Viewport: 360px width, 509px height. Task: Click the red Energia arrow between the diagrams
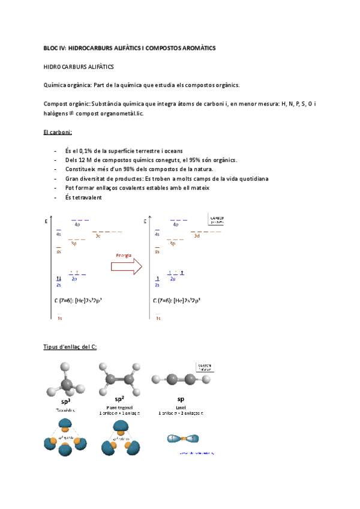point(125,265)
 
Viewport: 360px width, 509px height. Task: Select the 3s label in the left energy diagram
point(59,252)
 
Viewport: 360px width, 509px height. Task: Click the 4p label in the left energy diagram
point(77,225)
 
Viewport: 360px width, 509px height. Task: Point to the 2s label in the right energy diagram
point(157,285)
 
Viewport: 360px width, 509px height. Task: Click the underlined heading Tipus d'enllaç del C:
point(70,347)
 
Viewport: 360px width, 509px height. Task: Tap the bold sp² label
point(121,399)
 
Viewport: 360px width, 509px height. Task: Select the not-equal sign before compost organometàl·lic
point(71,113)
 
